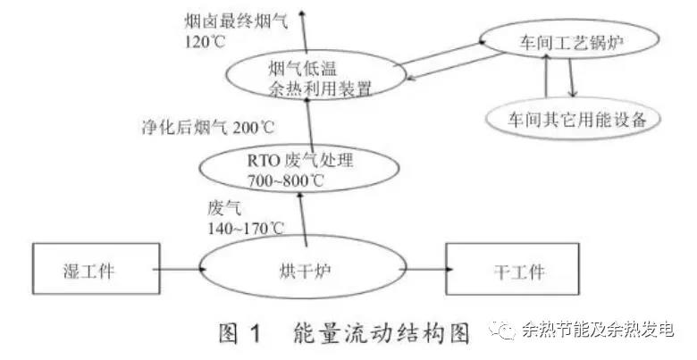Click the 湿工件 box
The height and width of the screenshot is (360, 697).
pyautogui.click(x=88, y=269)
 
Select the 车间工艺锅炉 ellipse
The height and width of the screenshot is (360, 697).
pyautogui.click(x=558, y=40)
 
